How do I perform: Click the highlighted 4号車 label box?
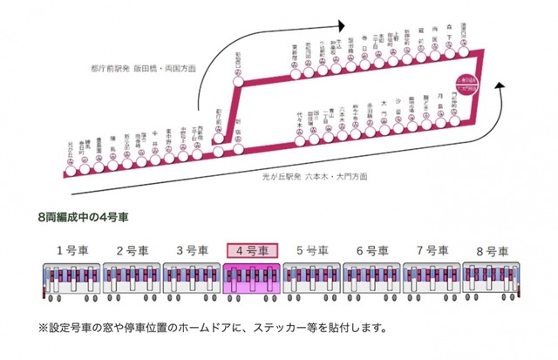(x=251, y=250)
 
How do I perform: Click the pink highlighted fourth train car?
(x=251, y=280)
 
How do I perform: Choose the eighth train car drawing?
(x=491, y=280)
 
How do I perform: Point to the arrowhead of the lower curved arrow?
(x=502, y=86)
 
